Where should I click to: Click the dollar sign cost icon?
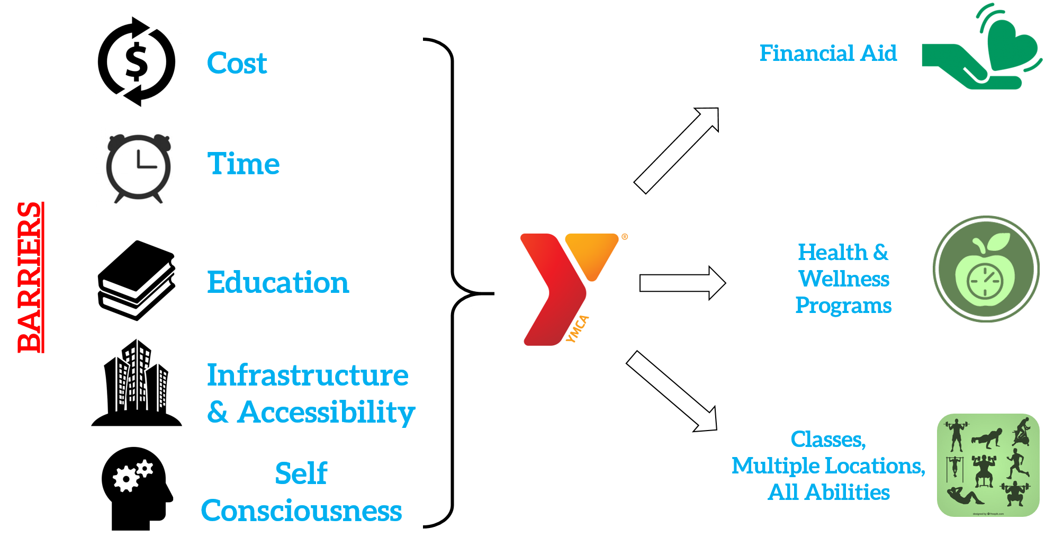point(137,61)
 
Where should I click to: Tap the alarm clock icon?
point(137,169)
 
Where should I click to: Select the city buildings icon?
point(137,382)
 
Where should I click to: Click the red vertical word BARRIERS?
point(30,277)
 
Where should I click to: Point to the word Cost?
point(237,64)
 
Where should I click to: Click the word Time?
point(244,164)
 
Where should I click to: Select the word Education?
point(278,282)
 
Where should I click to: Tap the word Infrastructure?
point(308,375)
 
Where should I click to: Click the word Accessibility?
point(326,413)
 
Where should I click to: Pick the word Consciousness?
point(301,511)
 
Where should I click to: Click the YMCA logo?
point(554,289)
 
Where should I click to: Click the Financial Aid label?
point(828,53)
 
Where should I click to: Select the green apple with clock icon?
point(986,269)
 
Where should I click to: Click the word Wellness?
point(844,279)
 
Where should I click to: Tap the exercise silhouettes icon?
point(988,465)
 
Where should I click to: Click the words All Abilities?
point(829,493)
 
